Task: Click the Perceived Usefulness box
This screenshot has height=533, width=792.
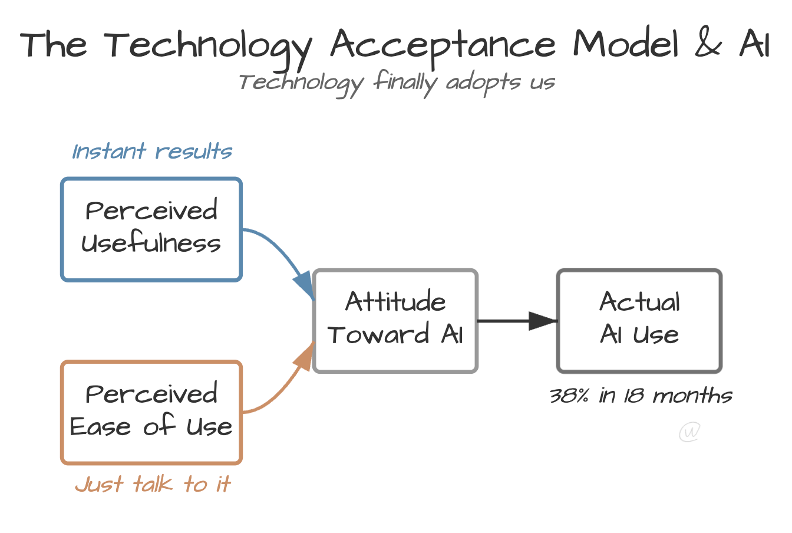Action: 151,229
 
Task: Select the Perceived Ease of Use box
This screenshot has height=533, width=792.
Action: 151,412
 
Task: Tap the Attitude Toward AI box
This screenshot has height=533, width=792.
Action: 395,321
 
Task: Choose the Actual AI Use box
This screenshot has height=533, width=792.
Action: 639,321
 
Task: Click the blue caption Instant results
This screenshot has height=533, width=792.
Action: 152,152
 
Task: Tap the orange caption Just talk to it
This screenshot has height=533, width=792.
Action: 153,485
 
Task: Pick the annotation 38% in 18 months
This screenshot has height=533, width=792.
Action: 641,396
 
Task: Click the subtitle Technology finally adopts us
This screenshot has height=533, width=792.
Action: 396,83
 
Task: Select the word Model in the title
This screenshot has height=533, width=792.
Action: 626,45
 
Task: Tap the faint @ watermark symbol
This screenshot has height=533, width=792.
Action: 689,432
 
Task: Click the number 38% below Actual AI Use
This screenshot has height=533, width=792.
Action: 569,396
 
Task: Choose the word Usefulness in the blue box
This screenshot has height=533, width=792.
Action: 151,243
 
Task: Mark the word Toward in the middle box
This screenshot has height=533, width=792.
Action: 378,335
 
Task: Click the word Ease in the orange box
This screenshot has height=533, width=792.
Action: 100,426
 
